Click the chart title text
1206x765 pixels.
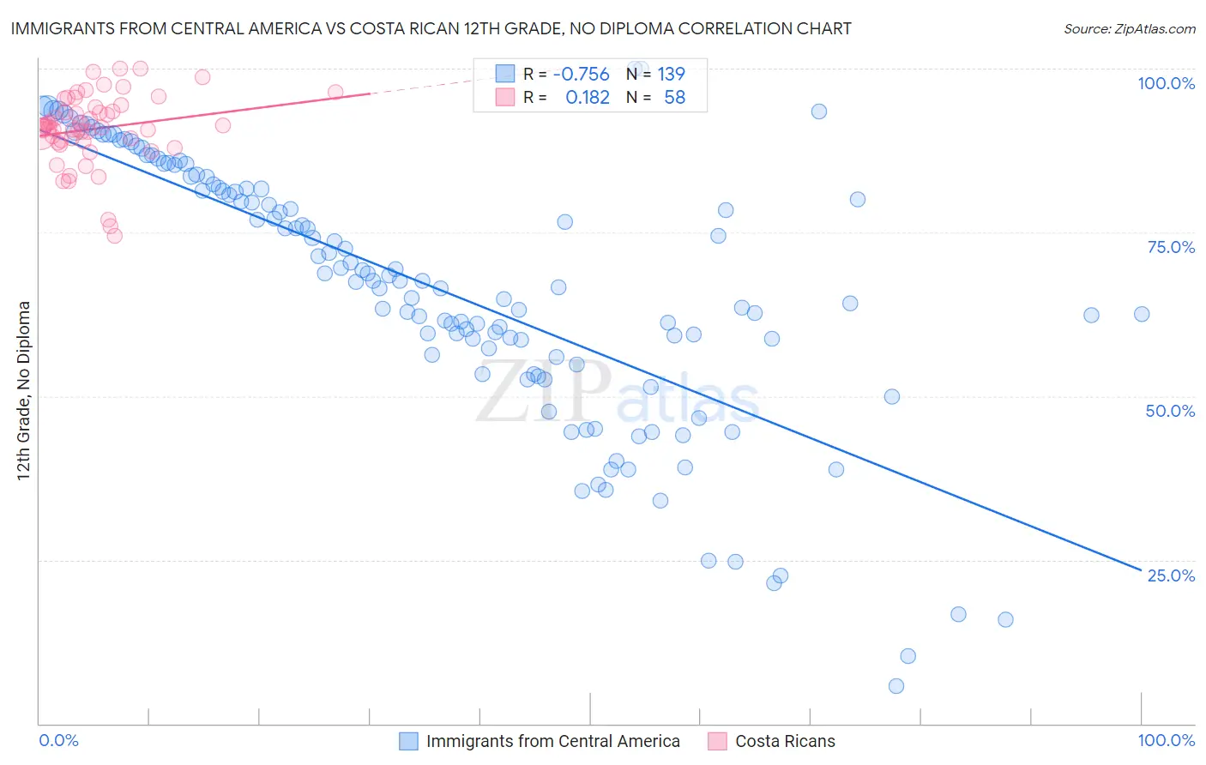point(431,28)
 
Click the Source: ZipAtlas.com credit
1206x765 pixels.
point(1129,28)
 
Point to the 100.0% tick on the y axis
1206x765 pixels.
point(1166,83)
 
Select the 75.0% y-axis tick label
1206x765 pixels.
point(1171,247)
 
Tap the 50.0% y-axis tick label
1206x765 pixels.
point(1170,411)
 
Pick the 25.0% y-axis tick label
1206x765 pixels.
point(1171,575)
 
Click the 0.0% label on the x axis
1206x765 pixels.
point(59,740)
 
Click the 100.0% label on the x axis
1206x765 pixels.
point(1166,740)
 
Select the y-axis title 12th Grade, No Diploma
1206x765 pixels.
point(24,390)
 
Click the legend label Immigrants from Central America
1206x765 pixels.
point(552,742)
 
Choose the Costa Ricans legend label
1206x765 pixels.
point(785,742)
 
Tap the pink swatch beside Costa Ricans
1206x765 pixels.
point(717,742)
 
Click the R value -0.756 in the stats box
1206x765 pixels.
point(581,75)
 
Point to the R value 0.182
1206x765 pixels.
point(588,98)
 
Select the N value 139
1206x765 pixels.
point(671,75)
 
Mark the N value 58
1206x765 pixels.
point(674,98)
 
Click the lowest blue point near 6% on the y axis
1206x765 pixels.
point(896,686)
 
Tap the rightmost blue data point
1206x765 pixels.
point(1142,315)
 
